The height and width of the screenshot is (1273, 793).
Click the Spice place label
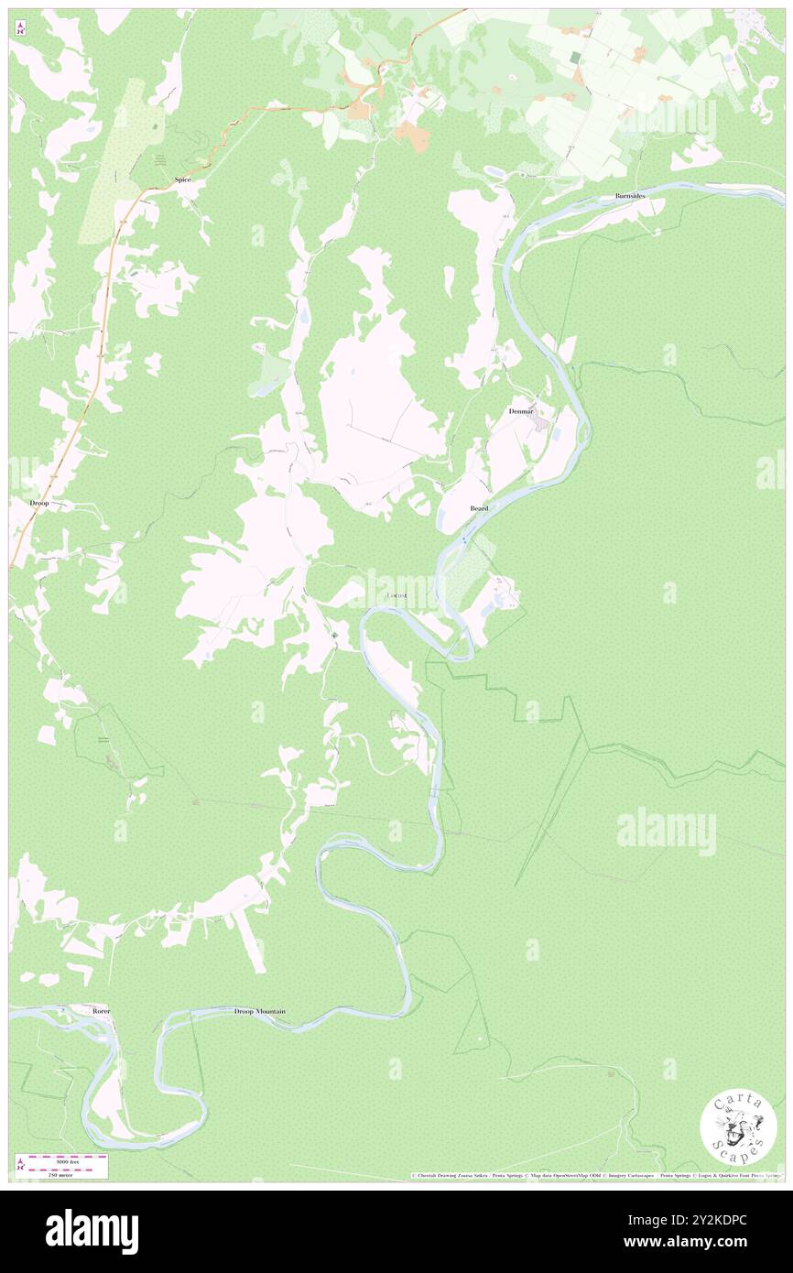coord(183,180)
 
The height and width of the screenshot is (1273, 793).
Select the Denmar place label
coord(521,411)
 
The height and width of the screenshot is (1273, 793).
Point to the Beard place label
coord(479,507)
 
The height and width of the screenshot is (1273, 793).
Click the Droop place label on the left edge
coord(39,504)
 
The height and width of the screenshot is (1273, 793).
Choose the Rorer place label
coord(101,1011)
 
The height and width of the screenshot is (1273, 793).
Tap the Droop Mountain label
coord(259,1011)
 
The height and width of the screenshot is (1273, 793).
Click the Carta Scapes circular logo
coord(738,1129)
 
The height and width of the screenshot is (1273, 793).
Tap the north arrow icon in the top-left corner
coord(19,29)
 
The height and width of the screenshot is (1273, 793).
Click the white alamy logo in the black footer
coord(92,1231)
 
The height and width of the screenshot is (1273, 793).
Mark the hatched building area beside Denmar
coord(542,425)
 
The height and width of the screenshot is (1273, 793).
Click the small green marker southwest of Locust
coord(335,636)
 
